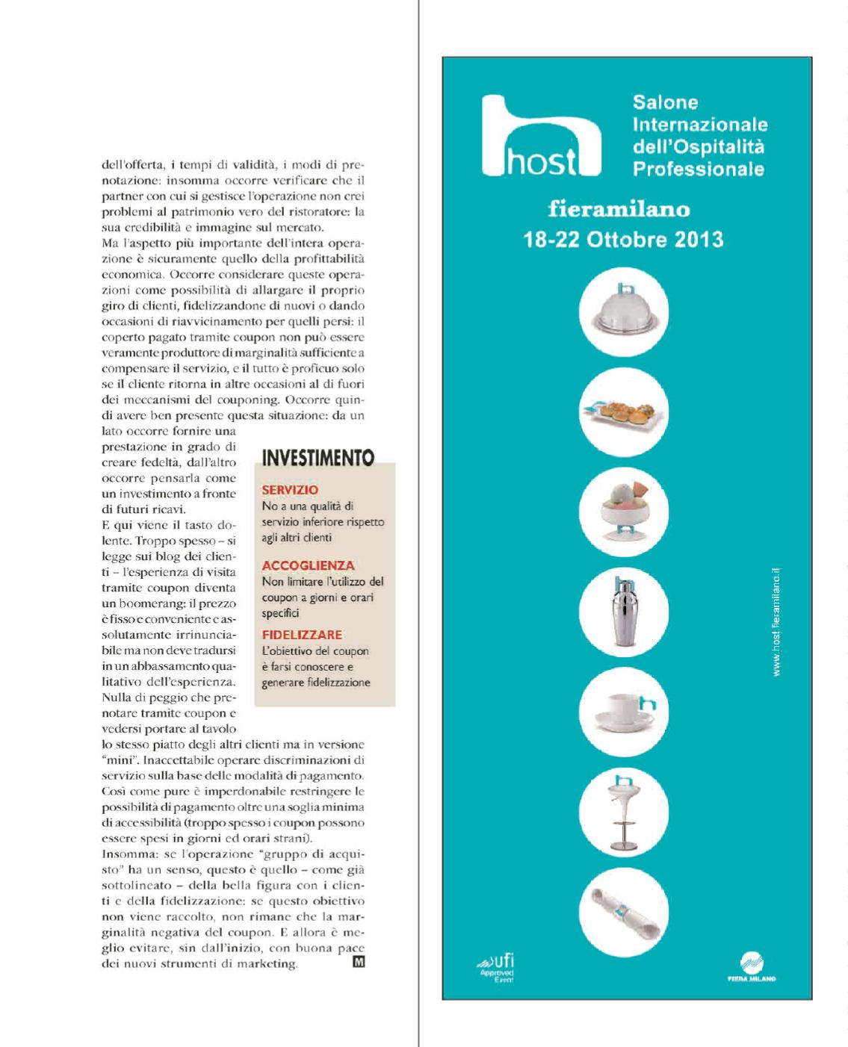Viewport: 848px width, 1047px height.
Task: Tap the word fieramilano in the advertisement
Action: pyautogui.click(x=619, y=208)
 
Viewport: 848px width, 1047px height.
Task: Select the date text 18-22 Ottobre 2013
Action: pyautogui.click(x=623, y=240)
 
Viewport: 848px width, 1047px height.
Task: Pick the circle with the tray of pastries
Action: pyautogui.click(x=623, y=412)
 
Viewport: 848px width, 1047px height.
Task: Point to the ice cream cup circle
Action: pyautogui.click(x=623, y=512)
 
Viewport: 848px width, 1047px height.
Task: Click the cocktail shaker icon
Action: pyautogui.click(x=623, y=612)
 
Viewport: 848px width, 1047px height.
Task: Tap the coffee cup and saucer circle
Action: pyautogui.click(x=623, y=712)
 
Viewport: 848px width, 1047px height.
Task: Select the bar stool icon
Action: pyautogui.click(x=623, y=813)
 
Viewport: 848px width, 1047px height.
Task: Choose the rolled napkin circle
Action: pyautogui.click(x=623, y=913)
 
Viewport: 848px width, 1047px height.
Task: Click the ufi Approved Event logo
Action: pyautogui.click(x=497, y=967)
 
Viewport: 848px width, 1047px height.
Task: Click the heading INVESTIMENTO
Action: pyautogui.click(x=318, y=457)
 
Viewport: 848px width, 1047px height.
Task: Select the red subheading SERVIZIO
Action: pyautogui.click(x=290, y=490)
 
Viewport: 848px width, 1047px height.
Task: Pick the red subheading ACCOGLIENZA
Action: pyautogui.click(x=308, y=565)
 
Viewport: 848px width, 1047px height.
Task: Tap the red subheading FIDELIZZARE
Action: pyautogui.click(x=302, y=635)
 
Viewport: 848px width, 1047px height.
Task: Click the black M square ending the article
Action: pyautogui.click(x=358, y=963)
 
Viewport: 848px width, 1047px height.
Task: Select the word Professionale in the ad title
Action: pyautogui.click(x=698, y=169)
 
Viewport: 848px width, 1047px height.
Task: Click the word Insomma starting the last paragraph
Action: pyautogui.click(x=124, y=854)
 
